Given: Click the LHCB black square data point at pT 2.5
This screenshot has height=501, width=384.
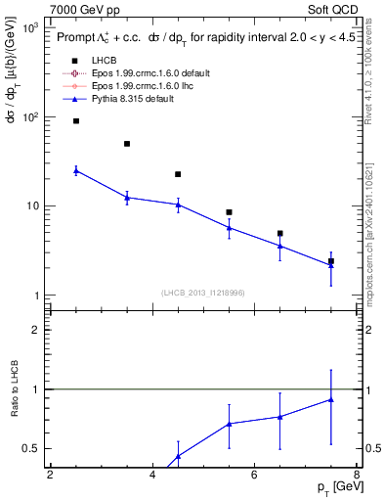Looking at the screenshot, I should point(76,121).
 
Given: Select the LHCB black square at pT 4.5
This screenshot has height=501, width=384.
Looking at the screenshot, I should point(178,174).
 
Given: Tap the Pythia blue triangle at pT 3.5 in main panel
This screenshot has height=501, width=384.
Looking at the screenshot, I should point(127,198).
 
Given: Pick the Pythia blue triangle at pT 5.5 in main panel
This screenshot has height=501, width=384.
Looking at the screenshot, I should point(229,228).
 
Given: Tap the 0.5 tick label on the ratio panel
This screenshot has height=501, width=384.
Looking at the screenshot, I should point(32,448).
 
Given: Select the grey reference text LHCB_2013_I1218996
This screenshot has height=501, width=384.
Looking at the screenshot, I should point(202,293).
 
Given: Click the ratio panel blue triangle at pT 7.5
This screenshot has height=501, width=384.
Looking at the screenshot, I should point(331,399).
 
